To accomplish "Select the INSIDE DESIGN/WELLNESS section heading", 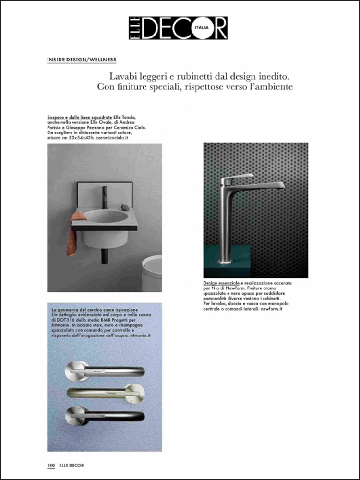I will [82, 60].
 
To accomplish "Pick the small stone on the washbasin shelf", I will [124, 207].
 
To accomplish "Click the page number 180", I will [51, 465].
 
